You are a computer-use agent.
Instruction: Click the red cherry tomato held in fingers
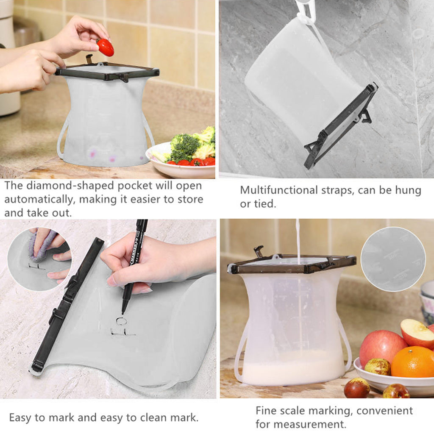click(105, 47)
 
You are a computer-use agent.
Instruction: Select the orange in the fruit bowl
click(412, 362)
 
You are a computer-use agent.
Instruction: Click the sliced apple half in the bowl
click(417, 333)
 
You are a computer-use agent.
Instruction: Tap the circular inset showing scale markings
click(393, 259)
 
